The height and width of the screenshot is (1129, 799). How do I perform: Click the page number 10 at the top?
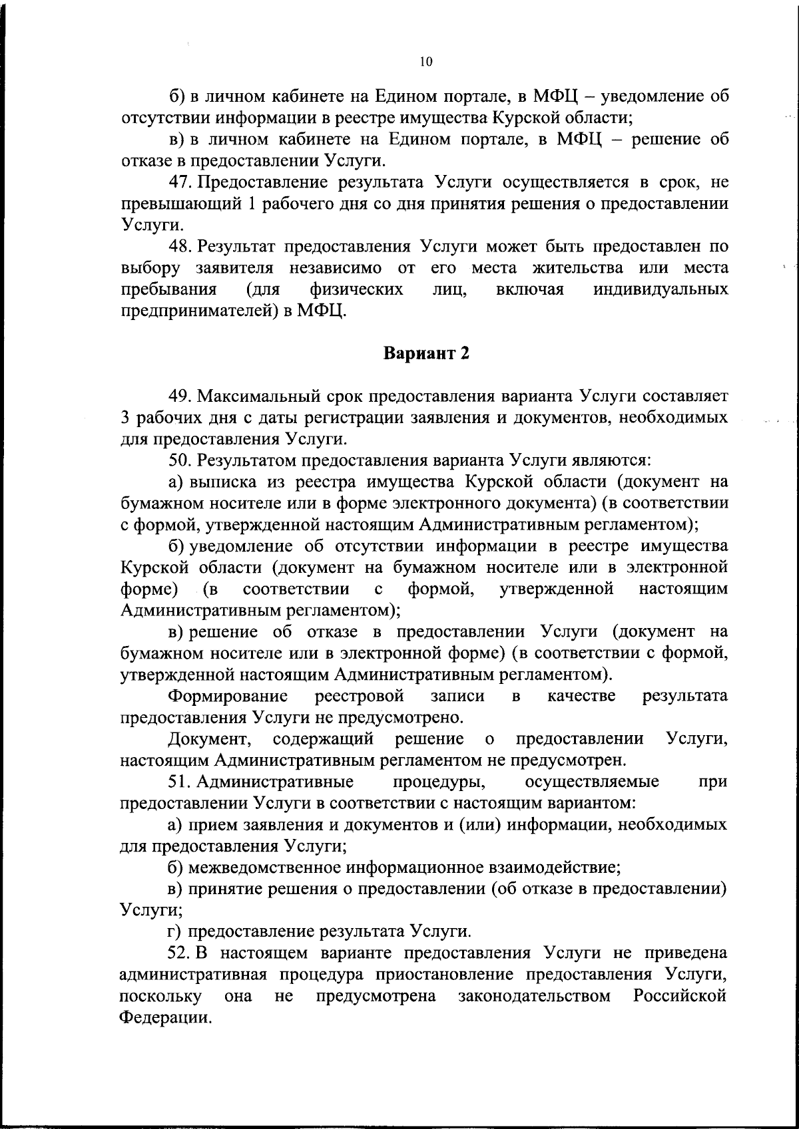pos(426,62)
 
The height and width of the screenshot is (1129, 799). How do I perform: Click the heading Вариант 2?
pos(426,353)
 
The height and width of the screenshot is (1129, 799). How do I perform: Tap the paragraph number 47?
pos(180,182)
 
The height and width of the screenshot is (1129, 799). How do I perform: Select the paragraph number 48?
pos(180,247)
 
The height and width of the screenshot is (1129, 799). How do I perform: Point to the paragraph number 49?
pos(180,397)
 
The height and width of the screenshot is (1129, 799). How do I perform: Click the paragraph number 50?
pos(180,460)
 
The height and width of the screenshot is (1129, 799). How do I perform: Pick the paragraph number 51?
pos(180,781)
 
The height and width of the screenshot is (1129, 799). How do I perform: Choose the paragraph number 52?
pos(180,953)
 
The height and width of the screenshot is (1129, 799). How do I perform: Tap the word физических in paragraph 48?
pos(356,290)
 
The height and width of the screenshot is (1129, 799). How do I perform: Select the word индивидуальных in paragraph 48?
pos(661,290)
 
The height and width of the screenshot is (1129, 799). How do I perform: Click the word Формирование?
pos(228,696)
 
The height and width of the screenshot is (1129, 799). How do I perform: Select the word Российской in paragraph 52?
pos(680,996)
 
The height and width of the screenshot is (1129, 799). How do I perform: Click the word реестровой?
pos(359,696)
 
